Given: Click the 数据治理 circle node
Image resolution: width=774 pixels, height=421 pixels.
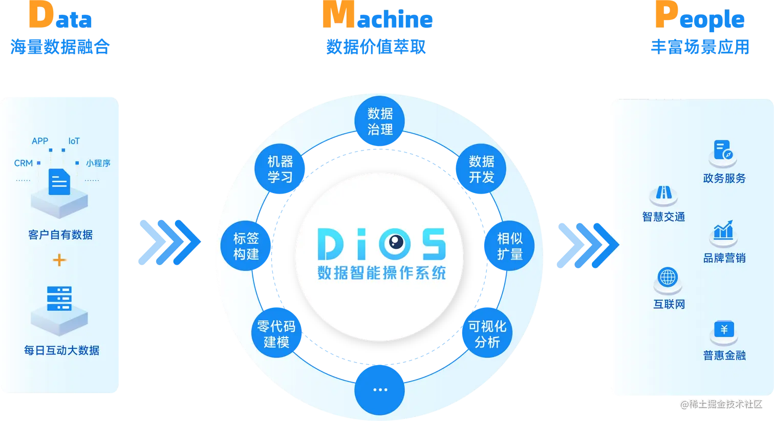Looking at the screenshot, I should [x=380, y=122].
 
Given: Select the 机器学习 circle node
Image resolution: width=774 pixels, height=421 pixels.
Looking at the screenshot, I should [x=280, y=170].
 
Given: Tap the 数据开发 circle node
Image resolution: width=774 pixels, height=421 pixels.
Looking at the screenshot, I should [x=481, y=170].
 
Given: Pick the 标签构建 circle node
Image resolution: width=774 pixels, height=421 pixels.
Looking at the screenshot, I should [x=246, y=246].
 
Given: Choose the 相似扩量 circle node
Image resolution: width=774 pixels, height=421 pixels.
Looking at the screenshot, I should [x=509, y=246].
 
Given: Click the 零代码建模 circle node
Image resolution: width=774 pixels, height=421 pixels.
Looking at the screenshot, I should [x=276, y=334].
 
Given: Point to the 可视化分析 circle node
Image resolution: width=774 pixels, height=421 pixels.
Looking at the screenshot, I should [x=487, y=334].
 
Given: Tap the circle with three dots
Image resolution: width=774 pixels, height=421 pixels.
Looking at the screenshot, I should [x=380, y=390].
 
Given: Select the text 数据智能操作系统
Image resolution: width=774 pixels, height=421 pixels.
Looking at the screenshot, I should [x=381, y=272].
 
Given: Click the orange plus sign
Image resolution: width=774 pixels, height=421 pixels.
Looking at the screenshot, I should [x=59, y=260].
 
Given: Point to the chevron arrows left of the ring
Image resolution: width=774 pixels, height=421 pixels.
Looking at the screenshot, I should [x=169, y=242].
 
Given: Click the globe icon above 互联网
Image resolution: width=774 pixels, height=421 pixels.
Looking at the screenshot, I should [x=668, y=278].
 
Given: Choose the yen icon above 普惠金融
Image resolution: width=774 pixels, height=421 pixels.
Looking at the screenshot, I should [x=724, y=329].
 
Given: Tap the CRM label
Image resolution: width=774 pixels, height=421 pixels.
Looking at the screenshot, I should [x=24, y=163].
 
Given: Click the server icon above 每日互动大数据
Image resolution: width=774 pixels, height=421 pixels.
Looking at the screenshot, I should [x=59, y=298].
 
